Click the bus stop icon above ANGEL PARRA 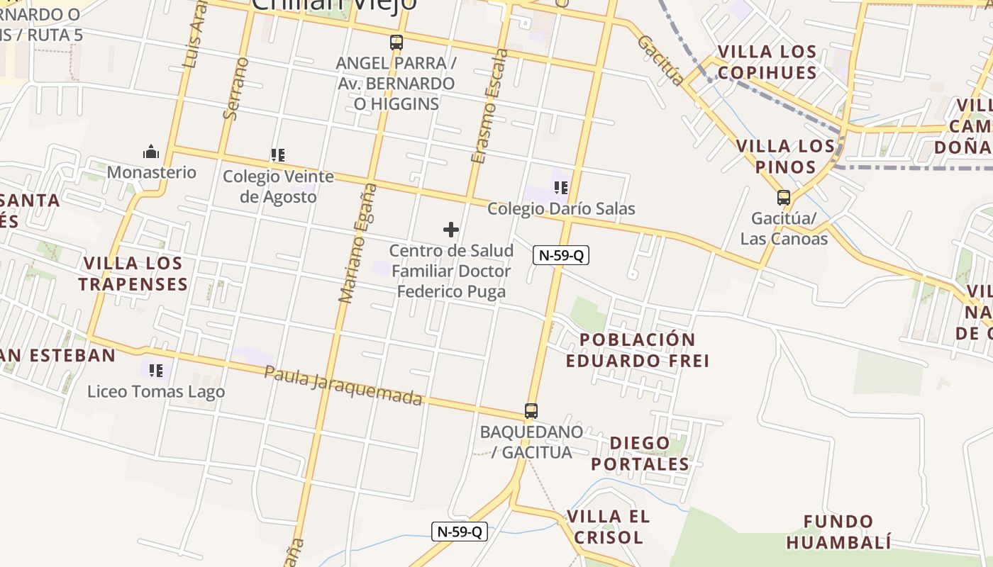pos(396,43)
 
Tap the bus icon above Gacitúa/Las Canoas pos(784,198)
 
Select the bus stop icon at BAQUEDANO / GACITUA pos(531,410)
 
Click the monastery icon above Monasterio pos(151,152)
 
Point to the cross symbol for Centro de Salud pos(451,230)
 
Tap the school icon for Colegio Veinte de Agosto pos(277,155)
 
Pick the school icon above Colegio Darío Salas pos(561,188)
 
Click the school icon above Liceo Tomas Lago pos(157,370)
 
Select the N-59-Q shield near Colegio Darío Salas pos(561,255)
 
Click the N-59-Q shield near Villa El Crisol pos(460,531)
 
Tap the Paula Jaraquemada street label pos(343,386)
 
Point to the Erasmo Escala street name pos(489,106)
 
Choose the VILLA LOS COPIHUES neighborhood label pos(767,62)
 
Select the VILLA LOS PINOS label pos(785,157)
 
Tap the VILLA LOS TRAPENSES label pos(133,274)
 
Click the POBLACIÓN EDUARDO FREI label pos(638,349)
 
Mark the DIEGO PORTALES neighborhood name pos(640,454)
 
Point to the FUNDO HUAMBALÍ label pos(838,532)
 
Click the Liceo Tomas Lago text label pos(156,391)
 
